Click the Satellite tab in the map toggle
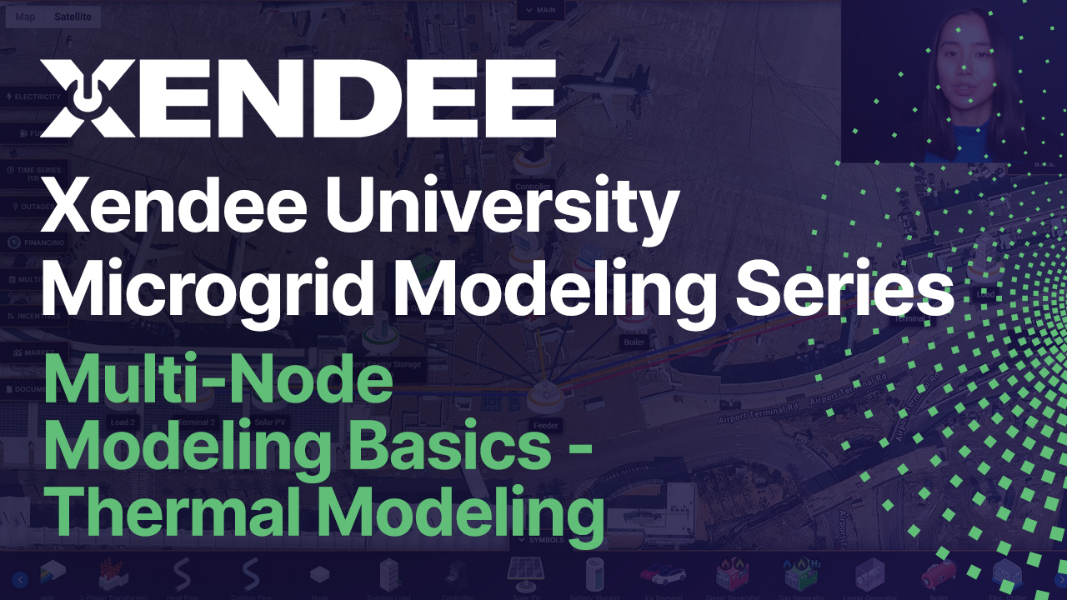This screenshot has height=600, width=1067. click(73, 17)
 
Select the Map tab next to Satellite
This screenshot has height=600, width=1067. click(25, 17)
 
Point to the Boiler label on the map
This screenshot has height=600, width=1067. click(634, 342)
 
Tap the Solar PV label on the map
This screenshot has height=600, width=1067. click(270, 422)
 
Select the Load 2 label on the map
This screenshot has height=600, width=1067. click(123, 422)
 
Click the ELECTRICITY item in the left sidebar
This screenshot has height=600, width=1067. click(33, 97)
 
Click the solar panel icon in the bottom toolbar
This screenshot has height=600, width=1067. click(525, 572)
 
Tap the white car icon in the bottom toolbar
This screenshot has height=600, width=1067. click(663, 575)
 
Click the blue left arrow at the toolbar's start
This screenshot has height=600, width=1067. click(20, 579)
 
